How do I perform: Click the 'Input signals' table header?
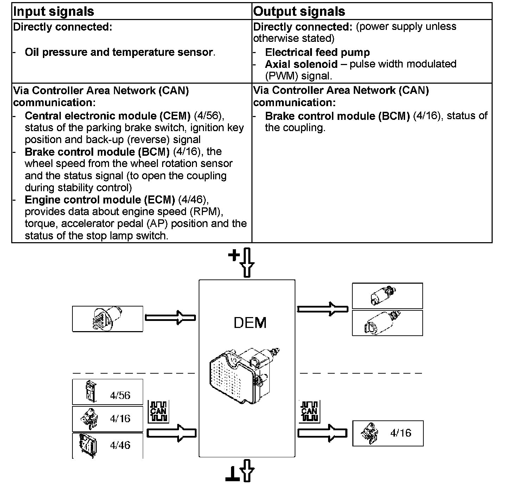pyautogui.click(x=53, y=12)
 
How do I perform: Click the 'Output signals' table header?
pyautogui.click(x=299, y=12)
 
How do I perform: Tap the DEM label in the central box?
pyautogui.click(x=250, y=323)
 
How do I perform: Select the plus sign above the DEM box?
pyautogui.click(x=233, y=255)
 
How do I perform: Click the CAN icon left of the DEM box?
pyautogui.click(x=159, y=411)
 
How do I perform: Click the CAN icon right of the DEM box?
pyautogui.click(x=309, y=411)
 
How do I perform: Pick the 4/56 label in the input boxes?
pyautogui.click(x=120, y=395)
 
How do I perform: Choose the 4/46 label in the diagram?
pyautogui.click(x=120, y=445)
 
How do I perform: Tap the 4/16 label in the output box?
pyautogui.click(x=401, y=433)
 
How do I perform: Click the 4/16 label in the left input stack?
pyautogui.click(x=120, y=419)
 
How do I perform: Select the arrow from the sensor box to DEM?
pyautogui.click(x=171, y=318)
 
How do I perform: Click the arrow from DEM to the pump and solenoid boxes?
pyautogui.click(x=322, y=309)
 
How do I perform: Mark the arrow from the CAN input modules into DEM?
pyautogui.click(x=171, y=433)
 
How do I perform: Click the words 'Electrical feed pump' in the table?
pyautogui.click(x=317, y=52)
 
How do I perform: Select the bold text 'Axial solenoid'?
pyautogui.click(x=301, y=64)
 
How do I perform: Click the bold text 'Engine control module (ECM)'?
pyautogui.click(x=100, y=200)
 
